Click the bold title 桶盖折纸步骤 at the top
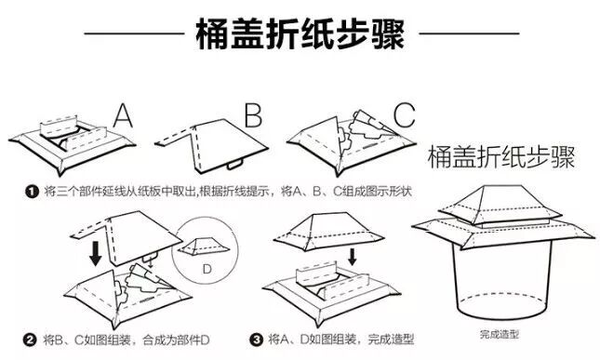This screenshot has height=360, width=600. click(300, 33)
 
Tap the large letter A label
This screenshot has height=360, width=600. click(123, 115)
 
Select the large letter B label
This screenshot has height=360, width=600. click(253, 115)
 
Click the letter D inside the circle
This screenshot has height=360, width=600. click(207, 270)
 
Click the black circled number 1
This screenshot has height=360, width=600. click(33, 192)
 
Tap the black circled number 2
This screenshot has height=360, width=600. click(30, 340)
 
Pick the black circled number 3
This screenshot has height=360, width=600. click(257, 340)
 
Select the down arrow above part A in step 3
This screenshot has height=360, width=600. click(353, 257)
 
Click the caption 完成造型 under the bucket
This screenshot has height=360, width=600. click(500, 335)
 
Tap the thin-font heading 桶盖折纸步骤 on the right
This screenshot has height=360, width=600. click(500, 157)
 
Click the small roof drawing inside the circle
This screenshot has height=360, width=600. click(204, 246)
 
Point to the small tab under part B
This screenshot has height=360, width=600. click(234, 165)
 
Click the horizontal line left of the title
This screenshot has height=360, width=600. click(134, 33)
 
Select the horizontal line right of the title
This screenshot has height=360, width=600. click(469, 33)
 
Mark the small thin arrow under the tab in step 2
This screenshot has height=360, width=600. click(150, 264)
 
